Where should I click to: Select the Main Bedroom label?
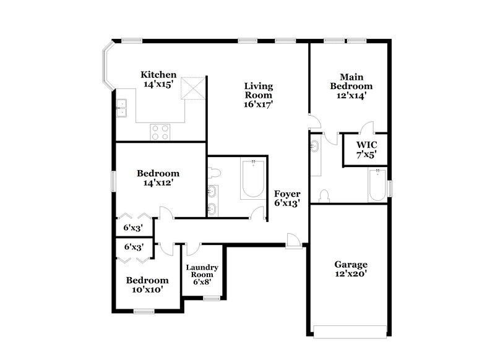[x=351, y=82]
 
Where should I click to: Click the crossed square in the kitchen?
[x=193, y=88]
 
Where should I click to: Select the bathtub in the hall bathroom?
[x=252, y=179]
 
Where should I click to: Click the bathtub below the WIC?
[x=377, y=184]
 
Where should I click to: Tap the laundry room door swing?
[x=191, y=249]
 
